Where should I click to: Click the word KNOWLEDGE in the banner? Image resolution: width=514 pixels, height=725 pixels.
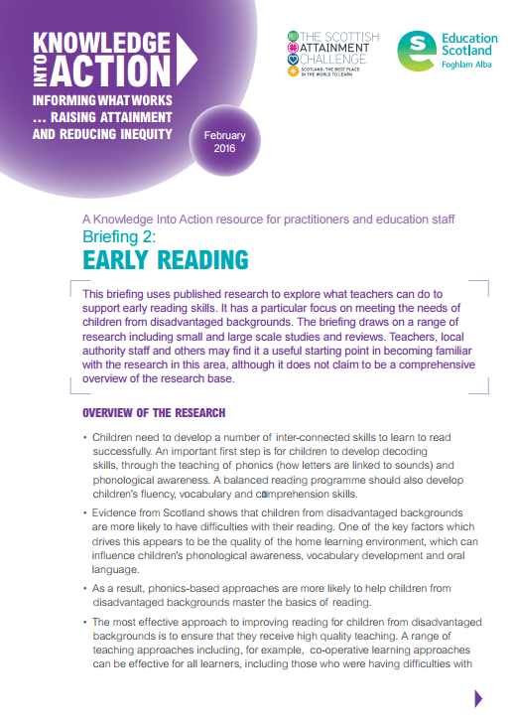coord(99,42)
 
